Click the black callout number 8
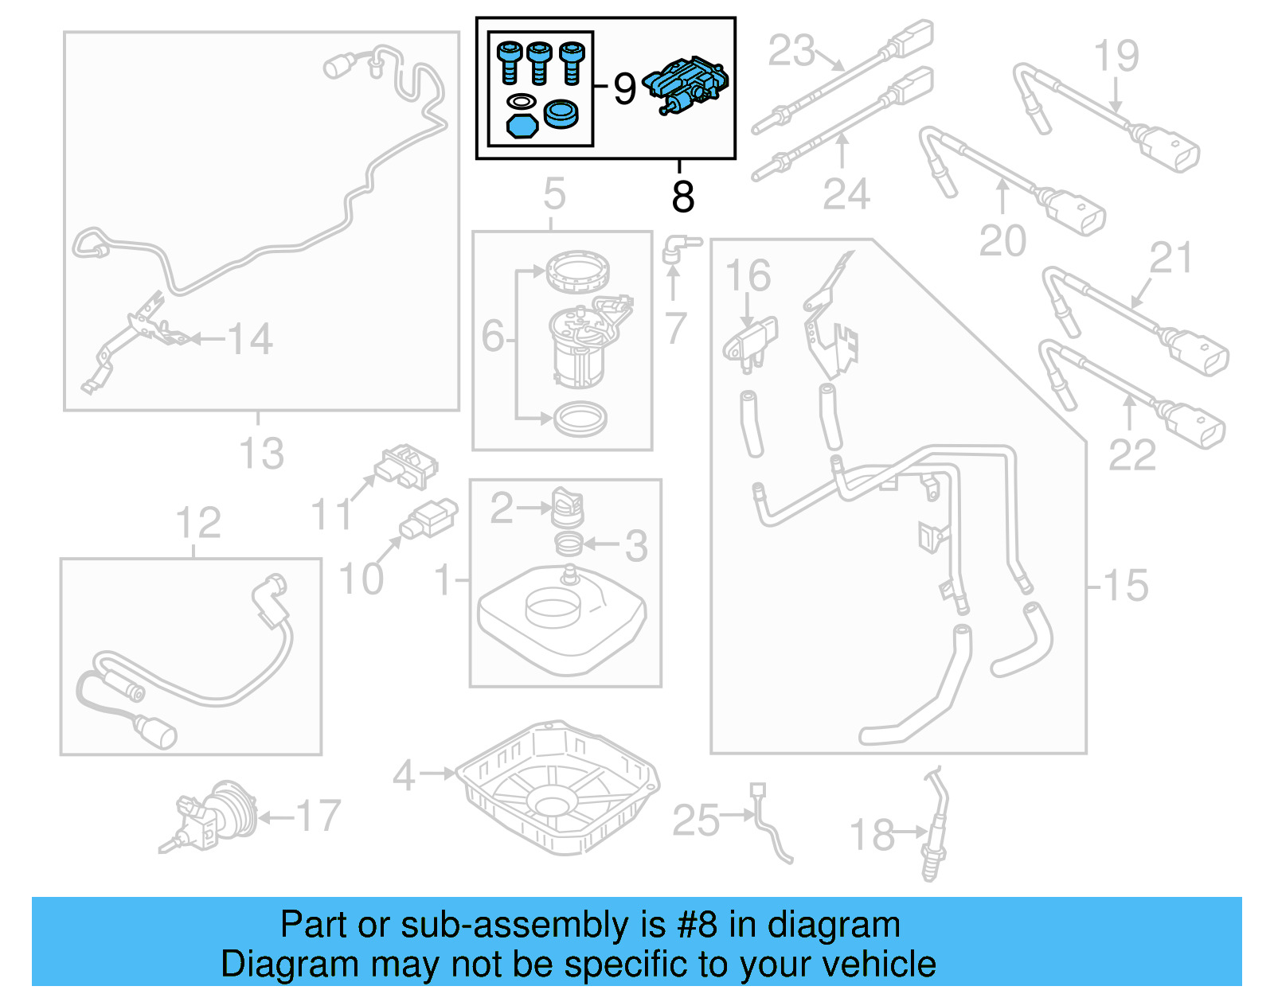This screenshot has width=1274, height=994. (x=682, y=197)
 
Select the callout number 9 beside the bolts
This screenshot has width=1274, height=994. (x=624, y=88)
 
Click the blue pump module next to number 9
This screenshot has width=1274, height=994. (x=687, y=84)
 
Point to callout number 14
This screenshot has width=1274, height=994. (x=250, y=339)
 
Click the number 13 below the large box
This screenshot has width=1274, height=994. (x=261, y=454)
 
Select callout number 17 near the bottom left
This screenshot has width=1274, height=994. (x=318, y=817)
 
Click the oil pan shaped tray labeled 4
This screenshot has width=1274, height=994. (x=561, y=787)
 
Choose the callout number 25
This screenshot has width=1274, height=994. (x=696, y=820)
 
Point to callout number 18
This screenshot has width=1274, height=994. (x=872, y=835)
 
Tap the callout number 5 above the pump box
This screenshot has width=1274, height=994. (x=554, y=193)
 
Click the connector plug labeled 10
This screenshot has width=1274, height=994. (x=429, y=519)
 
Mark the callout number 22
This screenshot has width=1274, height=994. (x=1131, y=455)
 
